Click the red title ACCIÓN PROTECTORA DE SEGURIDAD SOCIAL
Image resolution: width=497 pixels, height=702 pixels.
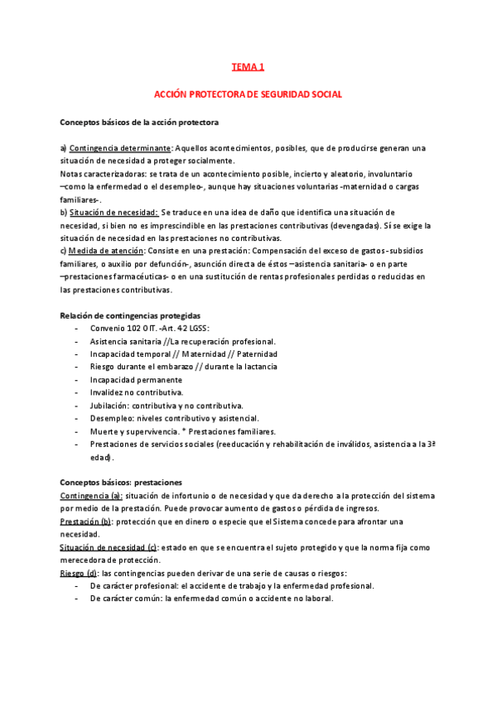point(248,95)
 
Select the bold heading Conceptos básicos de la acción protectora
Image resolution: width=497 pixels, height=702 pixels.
point(139,123)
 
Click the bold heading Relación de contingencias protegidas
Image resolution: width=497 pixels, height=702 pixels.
point(130,315)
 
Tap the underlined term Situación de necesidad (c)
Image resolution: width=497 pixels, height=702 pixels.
point(109,548)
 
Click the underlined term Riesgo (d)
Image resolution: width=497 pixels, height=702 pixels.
point(79,573)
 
